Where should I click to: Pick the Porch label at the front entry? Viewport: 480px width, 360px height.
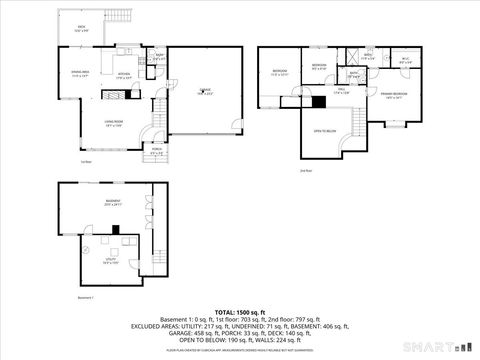tap(156, 152)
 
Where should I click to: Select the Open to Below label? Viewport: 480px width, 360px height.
tap(325, 131)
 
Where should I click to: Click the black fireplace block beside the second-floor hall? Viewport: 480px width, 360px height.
tap(318, 100)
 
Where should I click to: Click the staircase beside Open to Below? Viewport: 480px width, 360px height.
tap(356, 122)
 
